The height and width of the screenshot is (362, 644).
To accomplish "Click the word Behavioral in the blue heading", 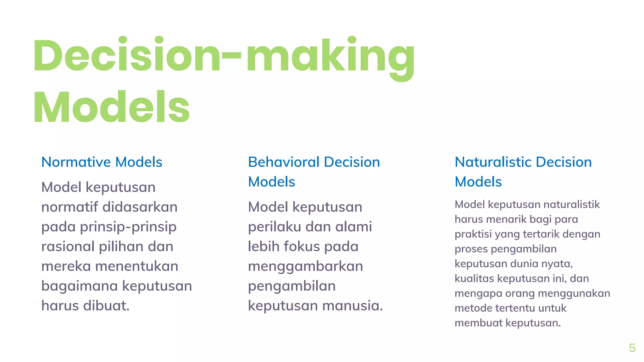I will click(284, 162).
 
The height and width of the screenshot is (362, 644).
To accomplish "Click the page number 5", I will click(632, 348).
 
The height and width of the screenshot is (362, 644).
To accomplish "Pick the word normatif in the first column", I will click(70, 207).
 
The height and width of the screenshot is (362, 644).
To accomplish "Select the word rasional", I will click(68, 246).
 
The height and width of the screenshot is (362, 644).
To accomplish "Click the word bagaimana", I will click(80, 286).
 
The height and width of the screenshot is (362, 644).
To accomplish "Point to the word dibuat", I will click(107, 305).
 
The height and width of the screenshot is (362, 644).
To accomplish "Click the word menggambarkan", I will click(305, 266).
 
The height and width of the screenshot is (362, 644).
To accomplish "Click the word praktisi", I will click(473, 234).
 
